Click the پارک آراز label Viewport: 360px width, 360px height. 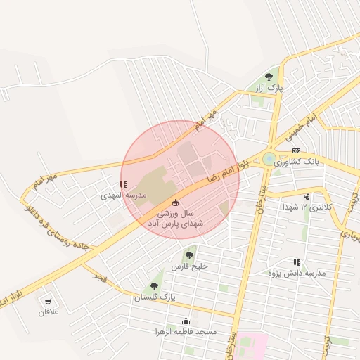tap(269, 89)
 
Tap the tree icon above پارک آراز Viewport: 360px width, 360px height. tap(269, 77)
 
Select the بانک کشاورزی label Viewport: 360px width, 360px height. tap(297, 162)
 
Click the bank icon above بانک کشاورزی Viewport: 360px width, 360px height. tap(296, 150)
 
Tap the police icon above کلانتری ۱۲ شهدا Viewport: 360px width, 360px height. tap(307, 196)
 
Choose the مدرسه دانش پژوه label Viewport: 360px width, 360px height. tap(297, 273)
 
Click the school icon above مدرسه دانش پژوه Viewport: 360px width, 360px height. tap(297, 262)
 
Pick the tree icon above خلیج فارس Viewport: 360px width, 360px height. tap(188, 255)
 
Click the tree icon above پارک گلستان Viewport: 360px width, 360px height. tap(154, 286)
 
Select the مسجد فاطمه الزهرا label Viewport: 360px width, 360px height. tap(186, 331)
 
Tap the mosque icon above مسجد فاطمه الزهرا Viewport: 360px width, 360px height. tap(186, 321)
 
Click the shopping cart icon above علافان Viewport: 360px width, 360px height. tap(49, 301)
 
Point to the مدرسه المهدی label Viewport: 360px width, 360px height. tap(123, 195)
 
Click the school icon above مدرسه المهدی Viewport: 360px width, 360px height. tap(123, 184)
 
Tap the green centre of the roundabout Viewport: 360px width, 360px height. tap(269, 159)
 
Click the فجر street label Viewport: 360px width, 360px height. tap(99, 275)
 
